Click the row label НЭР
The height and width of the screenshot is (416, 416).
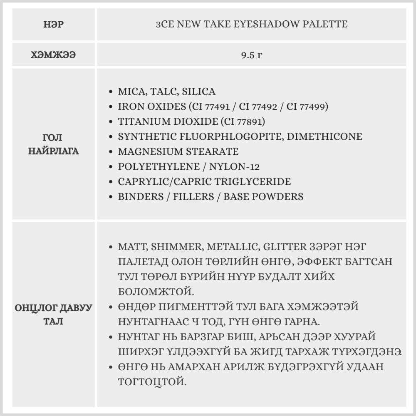[53, 24]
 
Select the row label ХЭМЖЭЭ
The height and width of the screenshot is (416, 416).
[53, 54]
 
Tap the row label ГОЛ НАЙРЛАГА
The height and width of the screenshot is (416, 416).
[53, 144]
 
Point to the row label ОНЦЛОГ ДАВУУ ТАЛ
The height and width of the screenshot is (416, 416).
[53, 314]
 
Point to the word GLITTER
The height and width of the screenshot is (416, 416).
[285, 247]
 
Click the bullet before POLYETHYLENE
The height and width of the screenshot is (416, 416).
[110, 167]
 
